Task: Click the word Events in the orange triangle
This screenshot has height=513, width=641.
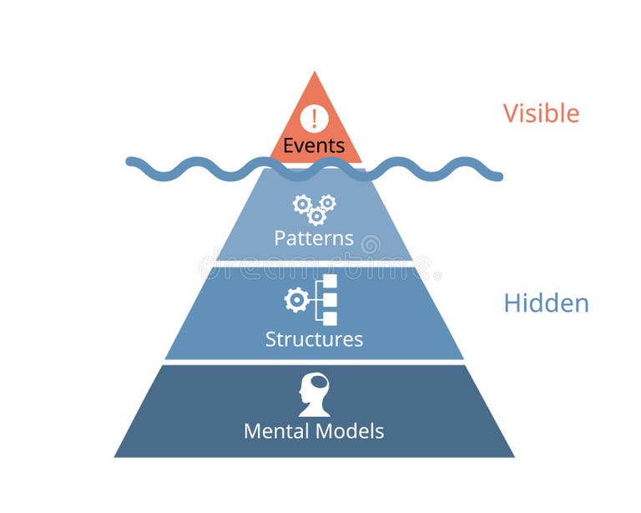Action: pos(314,145)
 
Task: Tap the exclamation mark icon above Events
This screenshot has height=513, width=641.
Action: pos(314,116)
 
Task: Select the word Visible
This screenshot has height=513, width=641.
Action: pos(541,113)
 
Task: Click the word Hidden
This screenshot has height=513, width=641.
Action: pos(546,303)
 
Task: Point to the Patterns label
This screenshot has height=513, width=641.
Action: pos(314,238)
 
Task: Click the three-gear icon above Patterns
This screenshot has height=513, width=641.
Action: pos(314,209)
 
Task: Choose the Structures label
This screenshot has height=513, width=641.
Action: pos(314,339)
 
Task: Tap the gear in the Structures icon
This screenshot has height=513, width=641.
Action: pos(296,299)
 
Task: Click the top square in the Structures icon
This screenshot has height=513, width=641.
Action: pos(330,282)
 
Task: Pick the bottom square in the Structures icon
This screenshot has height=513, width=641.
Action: pos(330,318)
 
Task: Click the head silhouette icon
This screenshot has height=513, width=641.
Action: pos(315,394)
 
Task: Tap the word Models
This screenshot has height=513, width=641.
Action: pos(351,431)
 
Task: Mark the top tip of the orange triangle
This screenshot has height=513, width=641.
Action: pos(315,73)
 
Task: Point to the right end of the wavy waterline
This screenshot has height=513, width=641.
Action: pos(500,176)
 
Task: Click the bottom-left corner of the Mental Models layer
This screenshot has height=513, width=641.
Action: pos(116,456)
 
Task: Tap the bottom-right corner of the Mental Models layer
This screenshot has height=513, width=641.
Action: pos(512,456)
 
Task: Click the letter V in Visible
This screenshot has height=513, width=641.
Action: pos(511,113)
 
